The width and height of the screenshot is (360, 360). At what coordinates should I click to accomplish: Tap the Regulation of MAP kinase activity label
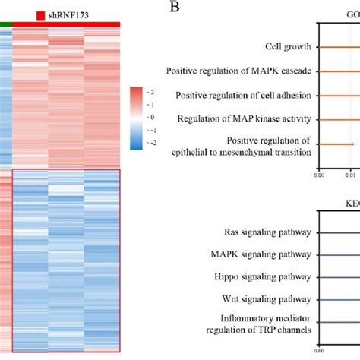pos(245,119)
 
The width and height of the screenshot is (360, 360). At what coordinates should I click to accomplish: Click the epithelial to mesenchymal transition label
pos(247,153)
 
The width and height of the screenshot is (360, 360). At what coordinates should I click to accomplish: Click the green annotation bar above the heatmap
pos(6,24)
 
